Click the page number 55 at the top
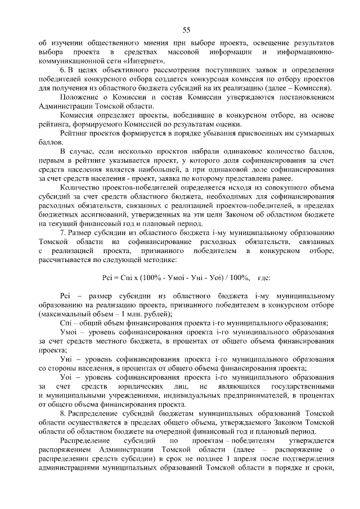tap(186, 30)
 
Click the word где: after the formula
tap(263, 277)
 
